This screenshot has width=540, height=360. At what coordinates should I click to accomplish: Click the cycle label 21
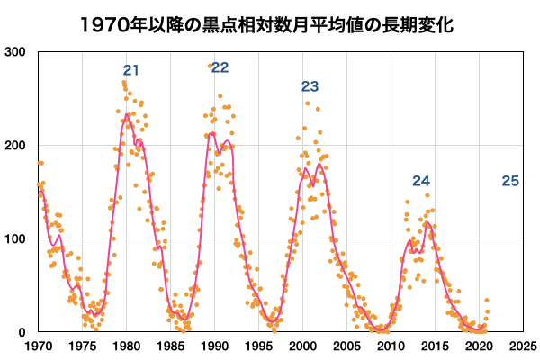click(x=132, y=70)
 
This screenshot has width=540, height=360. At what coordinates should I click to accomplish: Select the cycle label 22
click(x=220, y=67)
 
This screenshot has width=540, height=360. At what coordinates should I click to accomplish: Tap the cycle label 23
click(x=310, y=86)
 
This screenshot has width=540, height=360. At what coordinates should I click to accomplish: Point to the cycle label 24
click(x=421, y=181)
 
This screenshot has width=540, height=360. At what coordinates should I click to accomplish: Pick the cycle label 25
click(x=509, y=181)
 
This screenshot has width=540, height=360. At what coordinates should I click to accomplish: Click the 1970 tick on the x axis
click(x=39, y=345)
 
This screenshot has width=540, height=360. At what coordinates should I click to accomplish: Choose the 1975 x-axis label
click(x=83, y=345)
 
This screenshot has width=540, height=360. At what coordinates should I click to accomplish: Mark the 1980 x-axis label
click(x=127, y=345)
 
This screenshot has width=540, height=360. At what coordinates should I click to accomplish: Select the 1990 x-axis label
click(x=215, y=345)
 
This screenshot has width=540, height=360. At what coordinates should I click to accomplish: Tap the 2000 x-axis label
click(x=303, y=345)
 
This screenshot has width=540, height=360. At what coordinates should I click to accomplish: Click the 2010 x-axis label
click(x=391, y=345)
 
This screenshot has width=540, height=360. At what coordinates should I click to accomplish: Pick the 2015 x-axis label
click(x=436, y=345)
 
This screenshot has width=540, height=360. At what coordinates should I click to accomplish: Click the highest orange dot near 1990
click(x=211, y=66)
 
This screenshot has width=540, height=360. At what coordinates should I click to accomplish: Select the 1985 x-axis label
click(x=171, y=345)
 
